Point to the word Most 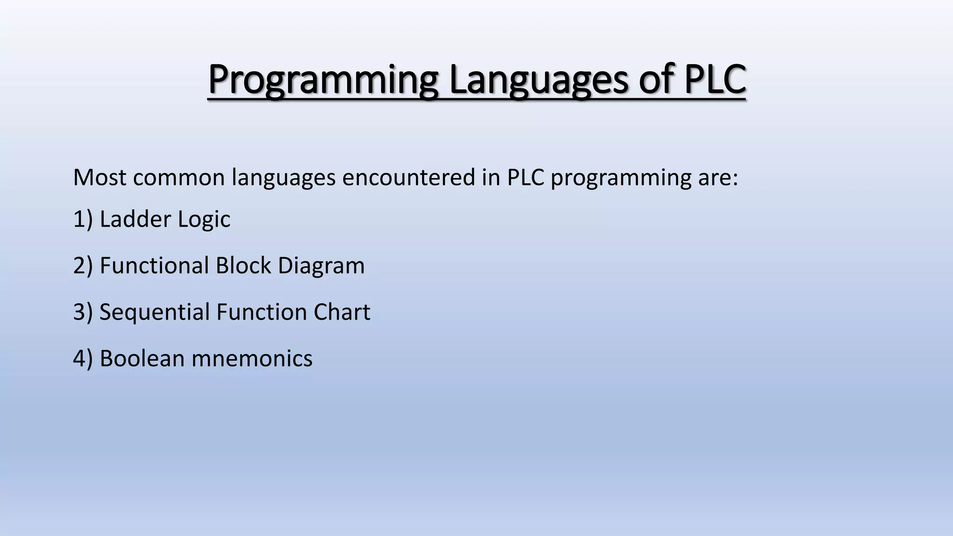[99, 177]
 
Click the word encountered [409, 177]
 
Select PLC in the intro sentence [525, 177]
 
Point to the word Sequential [154, 312]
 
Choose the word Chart [342, 312]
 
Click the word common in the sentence [179, 177]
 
